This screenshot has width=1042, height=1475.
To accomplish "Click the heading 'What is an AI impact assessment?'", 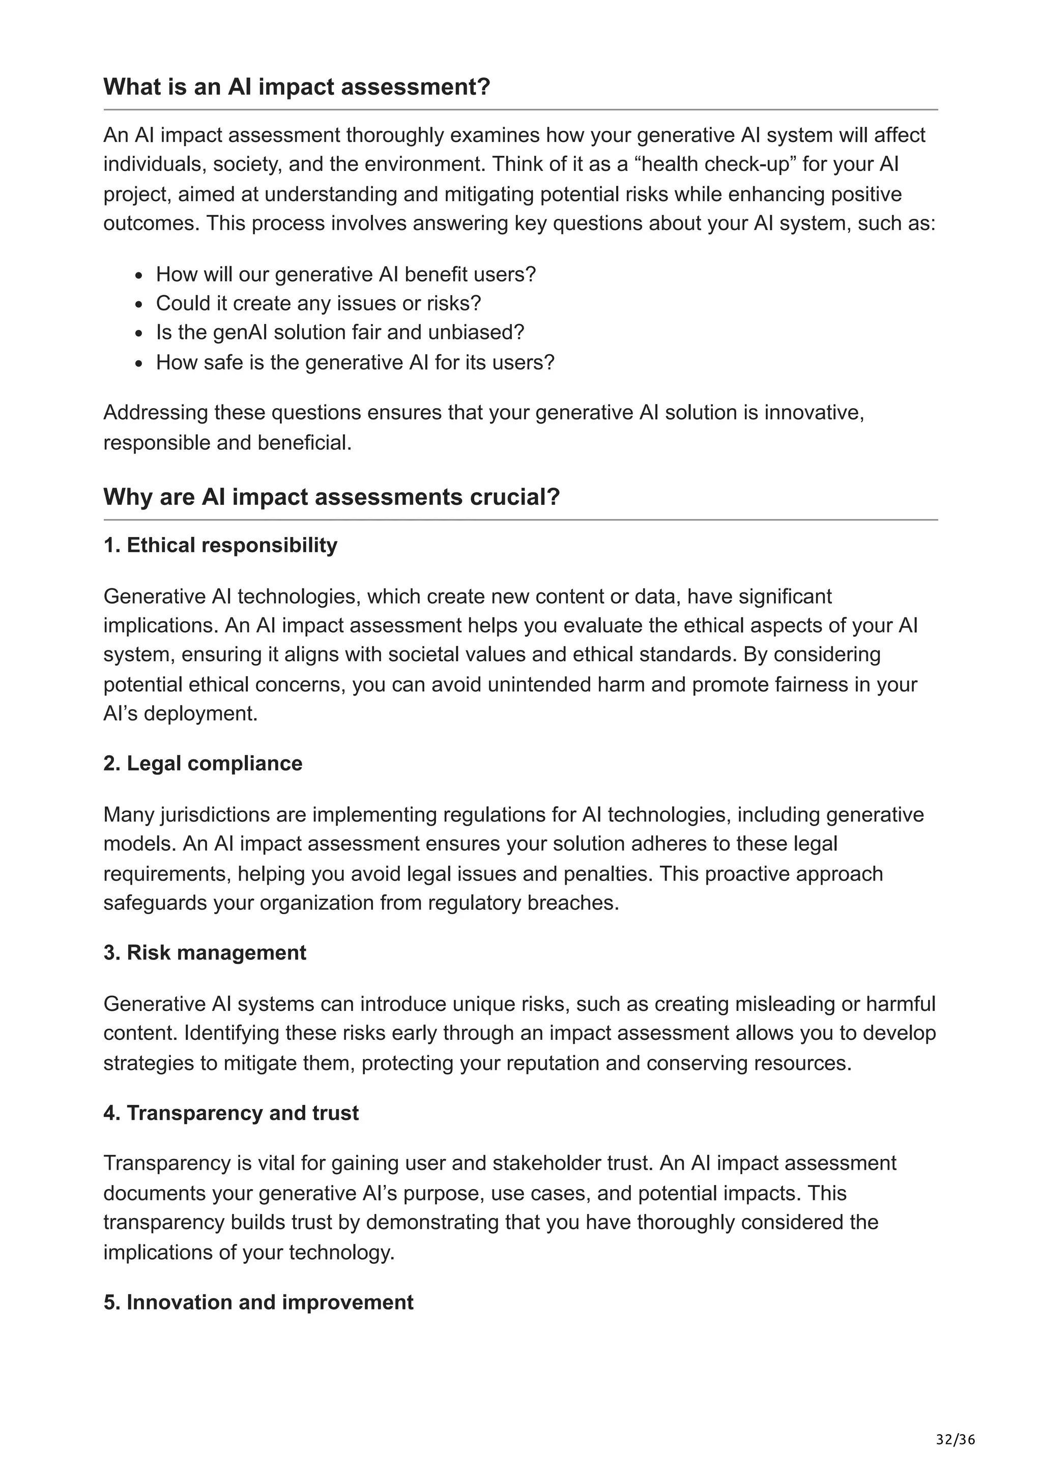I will click(297, 87).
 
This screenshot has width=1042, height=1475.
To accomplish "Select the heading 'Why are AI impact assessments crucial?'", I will click(331, 497).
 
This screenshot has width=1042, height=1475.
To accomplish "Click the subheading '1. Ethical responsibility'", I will click(220, 545).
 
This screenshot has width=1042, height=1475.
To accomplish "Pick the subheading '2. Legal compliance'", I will click(203, 763).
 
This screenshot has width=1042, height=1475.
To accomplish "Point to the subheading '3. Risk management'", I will click(205, 953).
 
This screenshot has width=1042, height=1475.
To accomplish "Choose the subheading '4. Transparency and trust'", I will click(231, 1113).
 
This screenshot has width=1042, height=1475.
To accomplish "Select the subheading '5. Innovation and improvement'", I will click(258, 1302).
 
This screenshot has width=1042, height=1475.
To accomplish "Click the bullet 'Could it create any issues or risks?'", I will click(319, 303).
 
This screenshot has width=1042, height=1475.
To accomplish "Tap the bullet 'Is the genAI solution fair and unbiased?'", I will click(340, 332).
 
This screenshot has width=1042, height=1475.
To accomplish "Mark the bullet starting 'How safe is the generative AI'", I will click(355, 362).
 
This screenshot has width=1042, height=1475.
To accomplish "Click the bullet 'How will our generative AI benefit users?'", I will click(345, 274).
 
